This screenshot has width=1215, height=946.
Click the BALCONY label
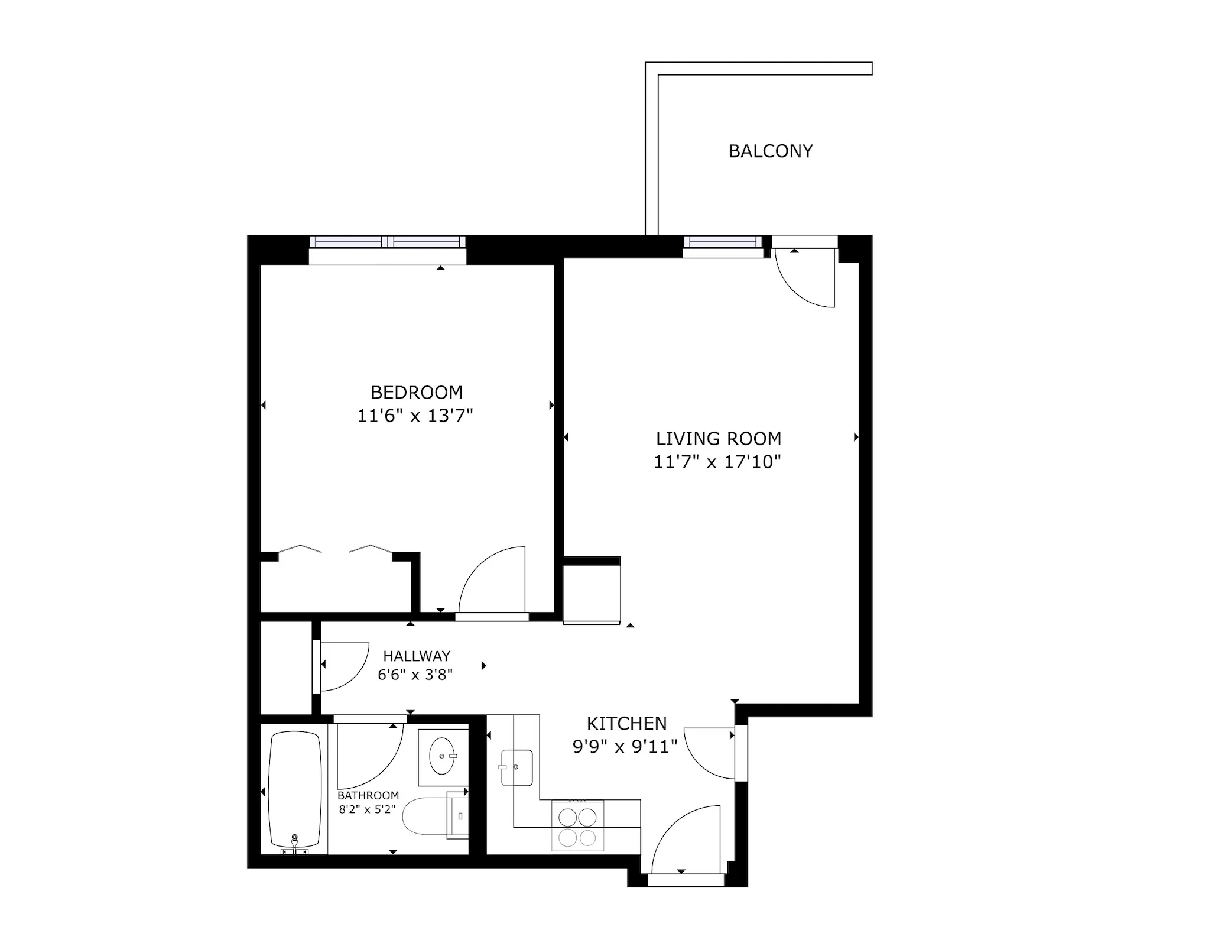[770, 151]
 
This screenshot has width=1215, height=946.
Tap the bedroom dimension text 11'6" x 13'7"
[415, 416]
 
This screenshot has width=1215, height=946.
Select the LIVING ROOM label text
[718, 439]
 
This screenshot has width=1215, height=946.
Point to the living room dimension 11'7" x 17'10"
[717, 462]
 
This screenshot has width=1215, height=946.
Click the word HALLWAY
[417, 656]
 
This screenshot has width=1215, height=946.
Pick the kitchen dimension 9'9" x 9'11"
[625, 747]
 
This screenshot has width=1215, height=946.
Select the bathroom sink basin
[443, 756]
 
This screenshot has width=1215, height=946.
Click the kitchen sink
[516, 767]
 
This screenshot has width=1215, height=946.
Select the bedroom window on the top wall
[387, 242]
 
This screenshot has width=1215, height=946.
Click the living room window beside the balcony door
[723, 242]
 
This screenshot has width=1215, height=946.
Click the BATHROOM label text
[368, 795]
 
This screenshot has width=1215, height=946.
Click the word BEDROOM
[416, 393]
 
